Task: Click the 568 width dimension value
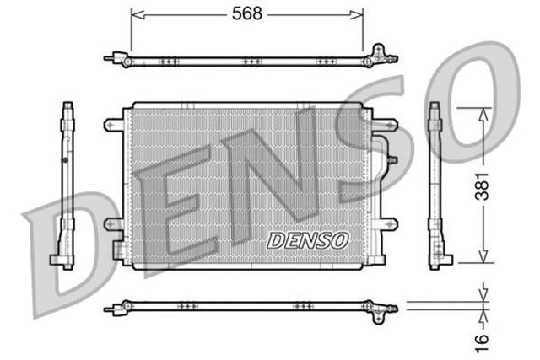[247, 13]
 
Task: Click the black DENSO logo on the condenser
[308, 240]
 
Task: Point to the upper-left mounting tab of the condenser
[112, 125]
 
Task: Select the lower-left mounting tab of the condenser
[112, 224]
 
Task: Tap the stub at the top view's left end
[110, 59]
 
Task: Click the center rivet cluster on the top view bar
[248, 61]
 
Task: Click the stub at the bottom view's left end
[110, 309]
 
